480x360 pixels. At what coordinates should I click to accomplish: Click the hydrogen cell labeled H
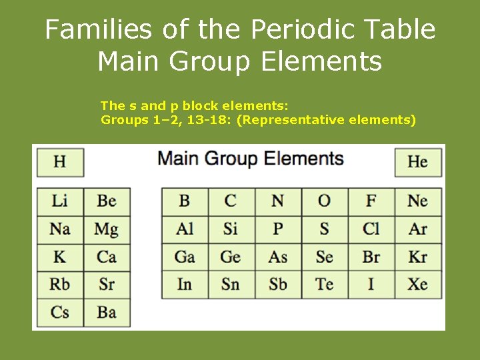click(x=60, y=162)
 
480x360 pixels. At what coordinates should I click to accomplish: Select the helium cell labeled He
click(x=418, y=162)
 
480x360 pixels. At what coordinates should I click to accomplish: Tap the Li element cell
click(x=60, y=201)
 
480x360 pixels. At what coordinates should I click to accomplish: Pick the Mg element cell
click(x=107, y=229)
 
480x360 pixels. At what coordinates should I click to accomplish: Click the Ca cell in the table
click(x=107, y=257)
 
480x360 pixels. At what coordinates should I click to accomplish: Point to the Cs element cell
click(x=60, y=312)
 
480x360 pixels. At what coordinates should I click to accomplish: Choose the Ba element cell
click(x=107, y=312)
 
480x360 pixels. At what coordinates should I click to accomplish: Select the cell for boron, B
click(x=185, y=201)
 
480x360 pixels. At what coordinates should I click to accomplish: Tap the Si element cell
click(x=231, y=229)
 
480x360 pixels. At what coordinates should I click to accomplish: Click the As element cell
click(x=278, y=257)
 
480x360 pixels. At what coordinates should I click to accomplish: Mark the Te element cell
click(x=325, y=284)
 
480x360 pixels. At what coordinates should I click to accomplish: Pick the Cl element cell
click(x=371, y=229)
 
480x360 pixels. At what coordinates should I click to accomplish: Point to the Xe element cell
click(x=418, y=284)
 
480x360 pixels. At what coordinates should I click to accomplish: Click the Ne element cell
click(x=418, y=201)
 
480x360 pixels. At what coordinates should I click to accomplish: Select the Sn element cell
click(x=231, y=284)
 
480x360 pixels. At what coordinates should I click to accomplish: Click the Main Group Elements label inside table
click(x=251, y=159)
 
